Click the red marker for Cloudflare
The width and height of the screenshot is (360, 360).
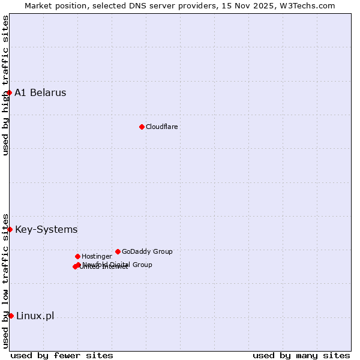click(x=142, y=127)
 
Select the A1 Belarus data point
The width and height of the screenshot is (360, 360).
click(x=9, y=92)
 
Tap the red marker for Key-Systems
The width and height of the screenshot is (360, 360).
click(x=10, y=229)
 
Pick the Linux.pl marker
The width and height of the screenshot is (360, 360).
click(x=11, y=316)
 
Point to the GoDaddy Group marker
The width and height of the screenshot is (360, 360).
click(x=118, y=251)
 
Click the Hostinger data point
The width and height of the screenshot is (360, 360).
click(x=77, y=256)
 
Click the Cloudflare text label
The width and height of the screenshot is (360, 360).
click(x=162, y=127)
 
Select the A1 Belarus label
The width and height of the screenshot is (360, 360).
click(x=40, y=92)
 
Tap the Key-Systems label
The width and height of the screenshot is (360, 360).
click(x=46, y=229)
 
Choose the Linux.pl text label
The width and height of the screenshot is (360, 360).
click(x=35, y=316)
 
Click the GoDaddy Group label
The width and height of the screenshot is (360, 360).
click(x=147, y=251)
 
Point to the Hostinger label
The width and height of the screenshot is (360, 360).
click(x=97, y=256)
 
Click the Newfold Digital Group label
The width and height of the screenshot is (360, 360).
click(x=118, y=265)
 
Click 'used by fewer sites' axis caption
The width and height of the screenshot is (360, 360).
click(x=62, y=355)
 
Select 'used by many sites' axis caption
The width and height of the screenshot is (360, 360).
click(x=301, y=355)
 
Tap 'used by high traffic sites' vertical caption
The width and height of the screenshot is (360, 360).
click(x=5, y=85)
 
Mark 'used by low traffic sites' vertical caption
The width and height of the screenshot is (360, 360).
click(x=5, y=281)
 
